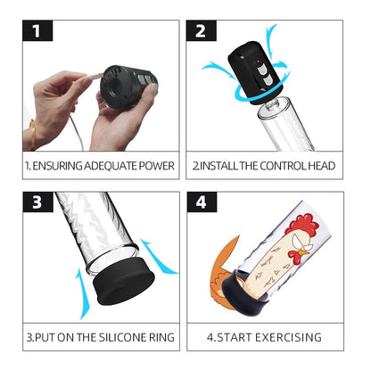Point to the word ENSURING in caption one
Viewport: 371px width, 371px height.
pyautogui.click(x=58, y=167)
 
